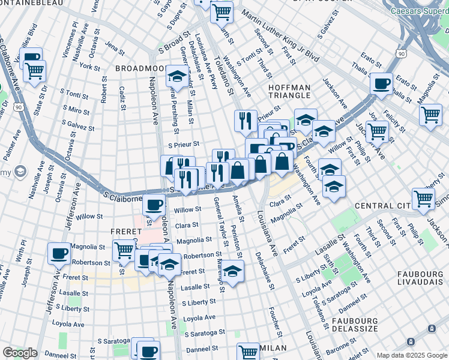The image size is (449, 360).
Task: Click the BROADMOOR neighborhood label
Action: (139, 69)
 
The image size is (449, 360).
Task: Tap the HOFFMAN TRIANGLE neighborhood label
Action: (289, 92)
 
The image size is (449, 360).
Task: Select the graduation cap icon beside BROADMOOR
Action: (176, 76)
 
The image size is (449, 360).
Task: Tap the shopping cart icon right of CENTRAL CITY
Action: (423, 198)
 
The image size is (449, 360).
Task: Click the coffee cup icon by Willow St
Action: (154, 205)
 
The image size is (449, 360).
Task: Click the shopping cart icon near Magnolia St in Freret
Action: (124, 249)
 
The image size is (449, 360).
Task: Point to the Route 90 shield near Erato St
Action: (400, 54)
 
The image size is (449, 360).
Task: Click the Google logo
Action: (20, 353)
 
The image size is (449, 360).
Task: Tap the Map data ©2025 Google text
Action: (411, 355)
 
